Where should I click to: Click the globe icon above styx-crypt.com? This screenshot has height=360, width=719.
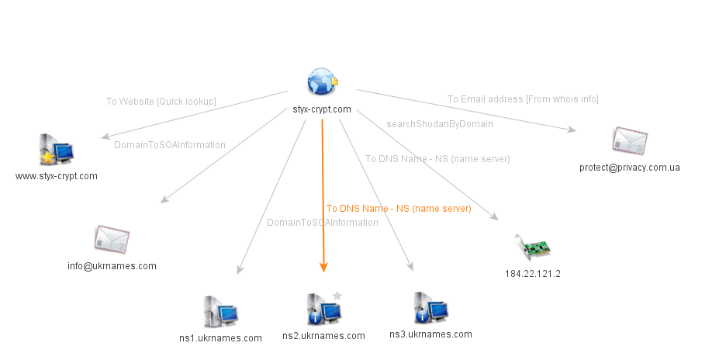tap(321, 81)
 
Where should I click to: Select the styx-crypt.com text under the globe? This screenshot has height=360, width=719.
tap(322, 109)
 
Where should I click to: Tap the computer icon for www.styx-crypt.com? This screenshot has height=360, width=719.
tap(56, 150)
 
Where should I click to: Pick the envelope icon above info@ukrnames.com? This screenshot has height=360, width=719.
tap(112, 240)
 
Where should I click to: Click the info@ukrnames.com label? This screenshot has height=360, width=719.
tap(112, 266)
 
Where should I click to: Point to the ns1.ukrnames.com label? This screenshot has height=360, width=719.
tap(220, 338)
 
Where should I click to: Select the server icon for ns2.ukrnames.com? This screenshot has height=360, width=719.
tap(323, 310)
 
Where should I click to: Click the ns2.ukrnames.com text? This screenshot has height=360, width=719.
tap(323, 336)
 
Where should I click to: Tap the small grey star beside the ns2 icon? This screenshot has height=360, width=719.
tap(337, 295)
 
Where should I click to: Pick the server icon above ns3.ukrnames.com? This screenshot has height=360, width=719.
tap(430, 308)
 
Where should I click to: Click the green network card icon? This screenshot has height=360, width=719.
tap(533, 247)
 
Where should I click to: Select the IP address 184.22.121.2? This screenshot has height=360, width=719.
tap(532, 274)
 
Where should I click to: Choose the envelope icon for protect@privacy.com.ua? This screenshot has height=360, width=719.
tap(629, 141)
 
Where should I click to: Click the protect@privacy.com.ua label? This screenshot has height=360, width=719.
tap(629, 168)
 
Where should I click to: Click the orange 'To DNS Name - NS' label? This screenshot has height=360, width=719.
tap(399, 209)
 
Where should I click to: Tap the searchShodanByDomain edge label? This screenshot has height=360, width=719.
tap(439, 123)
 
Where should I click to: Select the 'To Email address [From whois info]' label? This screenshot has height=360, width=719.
tap(523, 99)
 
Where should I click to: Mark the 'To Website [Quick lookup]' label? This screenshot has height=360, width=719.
tap(161, 102)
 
